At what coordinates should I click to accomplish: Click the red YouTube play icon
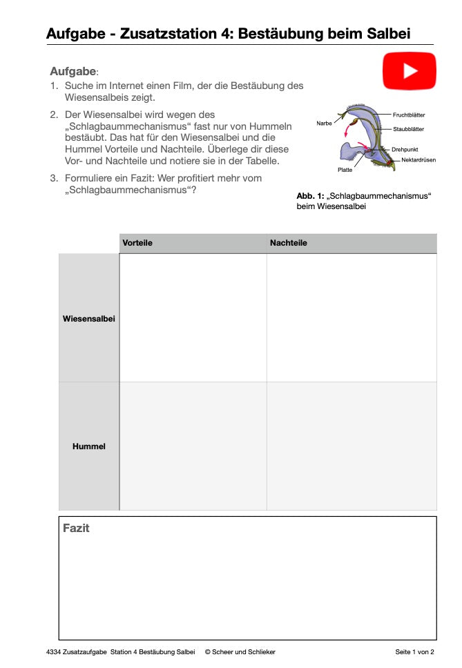coord(410,71)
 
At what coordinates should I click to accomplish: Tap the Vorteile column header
coord(137,244)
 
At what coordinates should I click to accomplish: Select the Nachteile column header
coord(288,244)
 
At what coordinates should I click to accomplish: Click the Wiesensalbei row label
coord(88,319)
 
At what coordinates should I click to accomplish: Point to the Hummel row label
coord(88,446)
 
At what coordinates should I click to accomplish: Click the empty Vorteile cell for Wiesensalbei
coord(193,317)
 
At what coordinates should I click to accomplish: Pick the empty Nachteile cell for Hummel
coord(351,446)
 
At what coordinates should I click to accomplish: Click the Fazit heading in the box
coord(76,529)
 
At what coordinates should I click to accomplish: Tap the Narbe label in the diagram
coord(324,123)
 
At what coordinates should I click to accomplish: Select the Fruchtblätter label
coord(409,115)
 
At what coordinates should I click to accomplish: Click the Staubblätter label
coord(408,129)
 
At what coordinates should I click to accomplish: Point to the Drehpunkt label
coord(405,149)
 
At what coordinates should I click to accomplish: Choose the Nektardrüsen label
coord(418,160)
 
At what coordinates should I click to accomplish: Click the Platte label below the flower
coord(345,170)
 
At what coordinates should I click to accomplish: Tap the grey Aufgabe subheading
coord(73,71)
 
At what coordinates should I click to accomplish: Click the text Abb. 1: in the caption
coord(310,196)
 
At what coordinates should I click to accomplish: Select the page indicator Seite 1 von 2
coord(414,651)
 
